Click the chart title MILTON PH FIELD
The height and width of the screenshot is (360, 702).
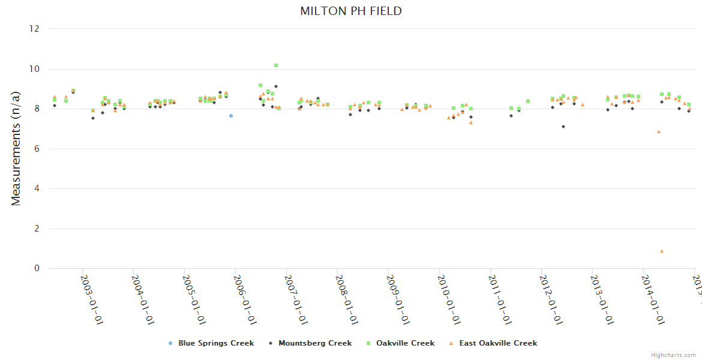tap(351, 11)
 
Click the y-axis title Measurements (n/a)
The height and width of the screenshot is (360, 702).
tap(16, 148)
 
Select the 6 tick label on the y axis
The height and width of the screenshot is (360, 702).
tap(37, 149)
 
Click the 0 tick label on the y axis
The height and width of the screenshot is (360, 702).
tap(37, 268)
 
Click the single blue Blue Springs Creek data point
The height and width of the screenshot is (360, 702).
tap(231, 115)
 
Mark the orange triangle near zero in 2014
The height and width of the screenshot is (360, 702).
tap(662, 251)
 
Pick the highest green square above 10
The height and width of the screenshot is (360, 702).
tap(276, 65)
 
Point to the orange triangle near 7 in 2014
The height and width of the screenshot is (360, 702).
tap(659, 131)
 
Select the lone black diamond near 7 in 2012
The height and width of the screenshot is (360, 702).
tap(563, 127)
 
